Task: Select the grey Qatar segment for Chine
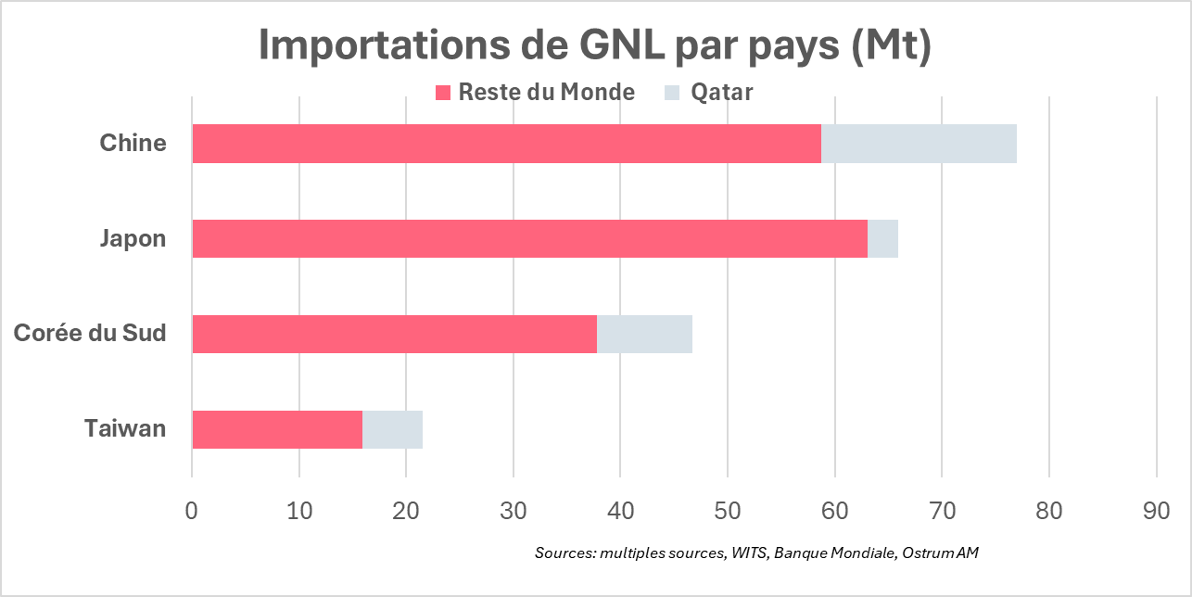pos(919,144)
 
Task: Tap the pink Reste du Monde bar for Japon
pos(529,239)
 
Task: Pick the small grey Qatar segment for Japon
pos(882,239)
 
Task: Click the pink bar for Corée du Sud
pos(394,334)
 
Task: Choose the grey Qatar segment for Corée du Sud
pos(644,334)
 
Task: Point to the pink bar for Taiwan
pos(277,429)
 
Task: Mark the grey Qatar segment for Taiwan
pos(392,429)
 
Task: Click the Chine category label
pos(133,144)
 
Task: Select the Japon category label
pos(133,239)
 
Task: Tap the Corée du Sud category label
pos(90,334)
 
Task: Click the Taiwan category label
pos(125,429)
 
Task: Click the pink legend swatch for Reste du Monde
pos(443,93)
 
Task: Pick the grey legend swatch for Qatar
pos(672,93)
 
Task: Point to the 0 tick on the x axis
pos(192,510)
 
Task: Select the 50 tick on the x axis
pos(728,510)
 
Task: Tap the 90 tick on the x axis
pos(1157,510)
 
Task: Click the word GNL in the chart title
pos(613,44)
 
